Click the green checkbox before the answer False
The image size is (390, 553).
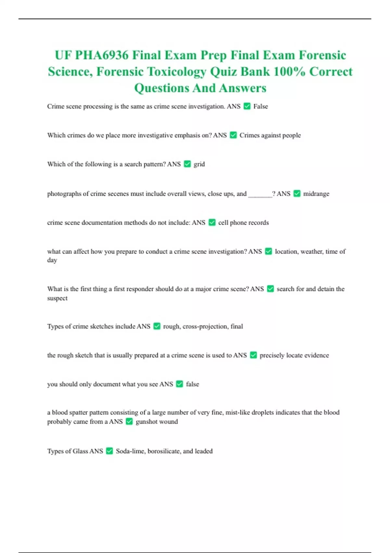point(247,106)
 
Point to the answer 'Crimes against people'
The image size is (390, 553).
point(270,135)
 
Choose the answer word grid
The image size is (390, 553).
point(199,164)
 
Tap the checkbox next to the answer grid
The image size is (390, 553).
point(187,164)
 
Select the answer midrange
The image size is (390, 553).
point(316,194)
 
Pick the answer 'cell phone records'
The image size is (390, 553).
point(243,223)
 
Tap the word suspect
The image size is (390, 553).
point(57,298)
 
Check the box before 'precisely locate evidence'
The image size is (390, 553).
point(253,355)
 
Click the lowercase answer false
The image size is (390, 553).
point(192,384)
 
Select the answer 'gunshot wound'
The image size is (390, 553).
point(157,422)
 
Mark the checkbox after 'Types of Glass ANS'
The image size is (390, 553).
point(110,451)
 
